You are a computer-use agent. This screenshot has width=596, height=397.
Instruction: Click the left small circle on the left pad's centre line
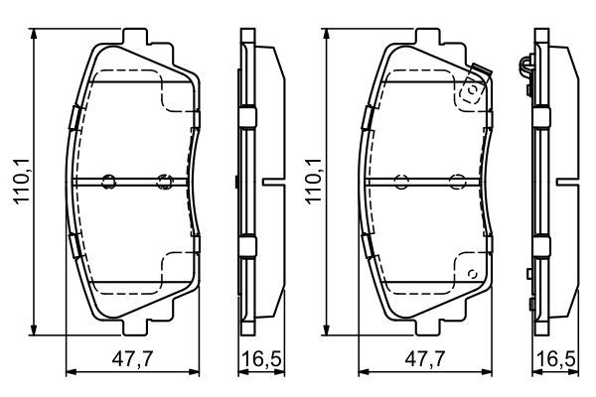(x=109, y=181)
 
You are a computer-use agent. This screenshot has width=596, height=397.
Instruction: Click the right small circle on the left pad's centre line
(x=164, y=181)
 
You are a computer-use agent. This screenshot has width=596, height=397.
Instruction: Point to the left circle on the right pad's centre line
(x=401, y=181)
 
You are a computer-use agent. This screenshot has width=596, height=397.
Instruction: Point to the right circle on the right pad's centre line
(x=457, y=181)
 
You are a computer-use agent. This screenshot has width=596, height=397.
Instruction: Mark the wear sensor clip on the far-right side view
(x=522, y=66)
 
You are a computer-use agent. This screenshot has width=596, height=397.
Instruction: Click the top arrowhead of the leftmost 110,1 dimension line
(x=36, y=34)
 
